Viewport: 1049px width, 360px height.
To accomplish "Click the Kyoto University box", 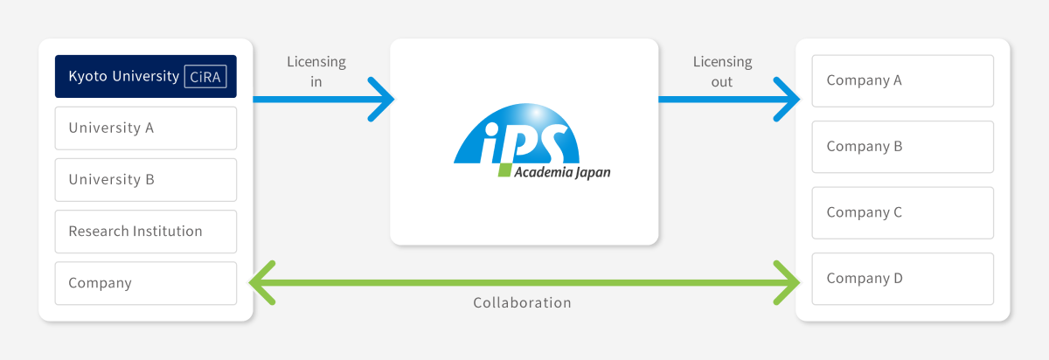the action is pos(146,76).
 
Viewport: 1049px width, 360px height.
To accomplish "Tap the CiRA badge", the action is pos(205,77).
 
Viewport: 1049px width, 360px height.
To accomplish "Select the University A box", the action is pos(146,128).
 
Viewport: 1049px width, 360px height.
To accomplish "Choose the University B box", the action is pos(146,180).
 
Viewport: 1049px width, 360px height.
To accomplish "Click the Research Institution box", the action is pos(146,232).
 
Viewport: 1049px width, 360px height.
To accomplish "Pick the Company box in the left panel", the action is pos(146,283).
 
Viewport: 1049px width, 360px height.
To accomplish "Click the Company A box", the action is pos(902,81).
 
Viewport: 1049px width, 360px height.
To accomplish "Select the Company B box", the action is pos(902,147).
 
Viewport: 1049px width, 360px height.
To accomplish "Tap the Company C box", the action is pos(902,213).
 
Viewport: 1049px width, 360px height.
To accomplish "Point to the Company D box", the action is pos(902,279).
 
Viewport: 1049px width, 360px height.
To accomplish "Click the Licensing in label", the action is pos(316,71).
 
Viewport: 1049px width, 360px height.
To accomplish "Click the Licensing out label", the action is pos(722,71).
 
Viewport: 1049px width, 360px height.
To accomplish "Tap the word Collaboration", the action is pos(522,302).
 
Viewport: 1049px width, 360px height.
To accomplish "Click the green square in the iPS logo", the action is pos(504,170).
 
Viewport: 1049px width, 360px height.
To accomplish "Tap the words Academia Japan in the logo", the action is pos(562,172).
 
